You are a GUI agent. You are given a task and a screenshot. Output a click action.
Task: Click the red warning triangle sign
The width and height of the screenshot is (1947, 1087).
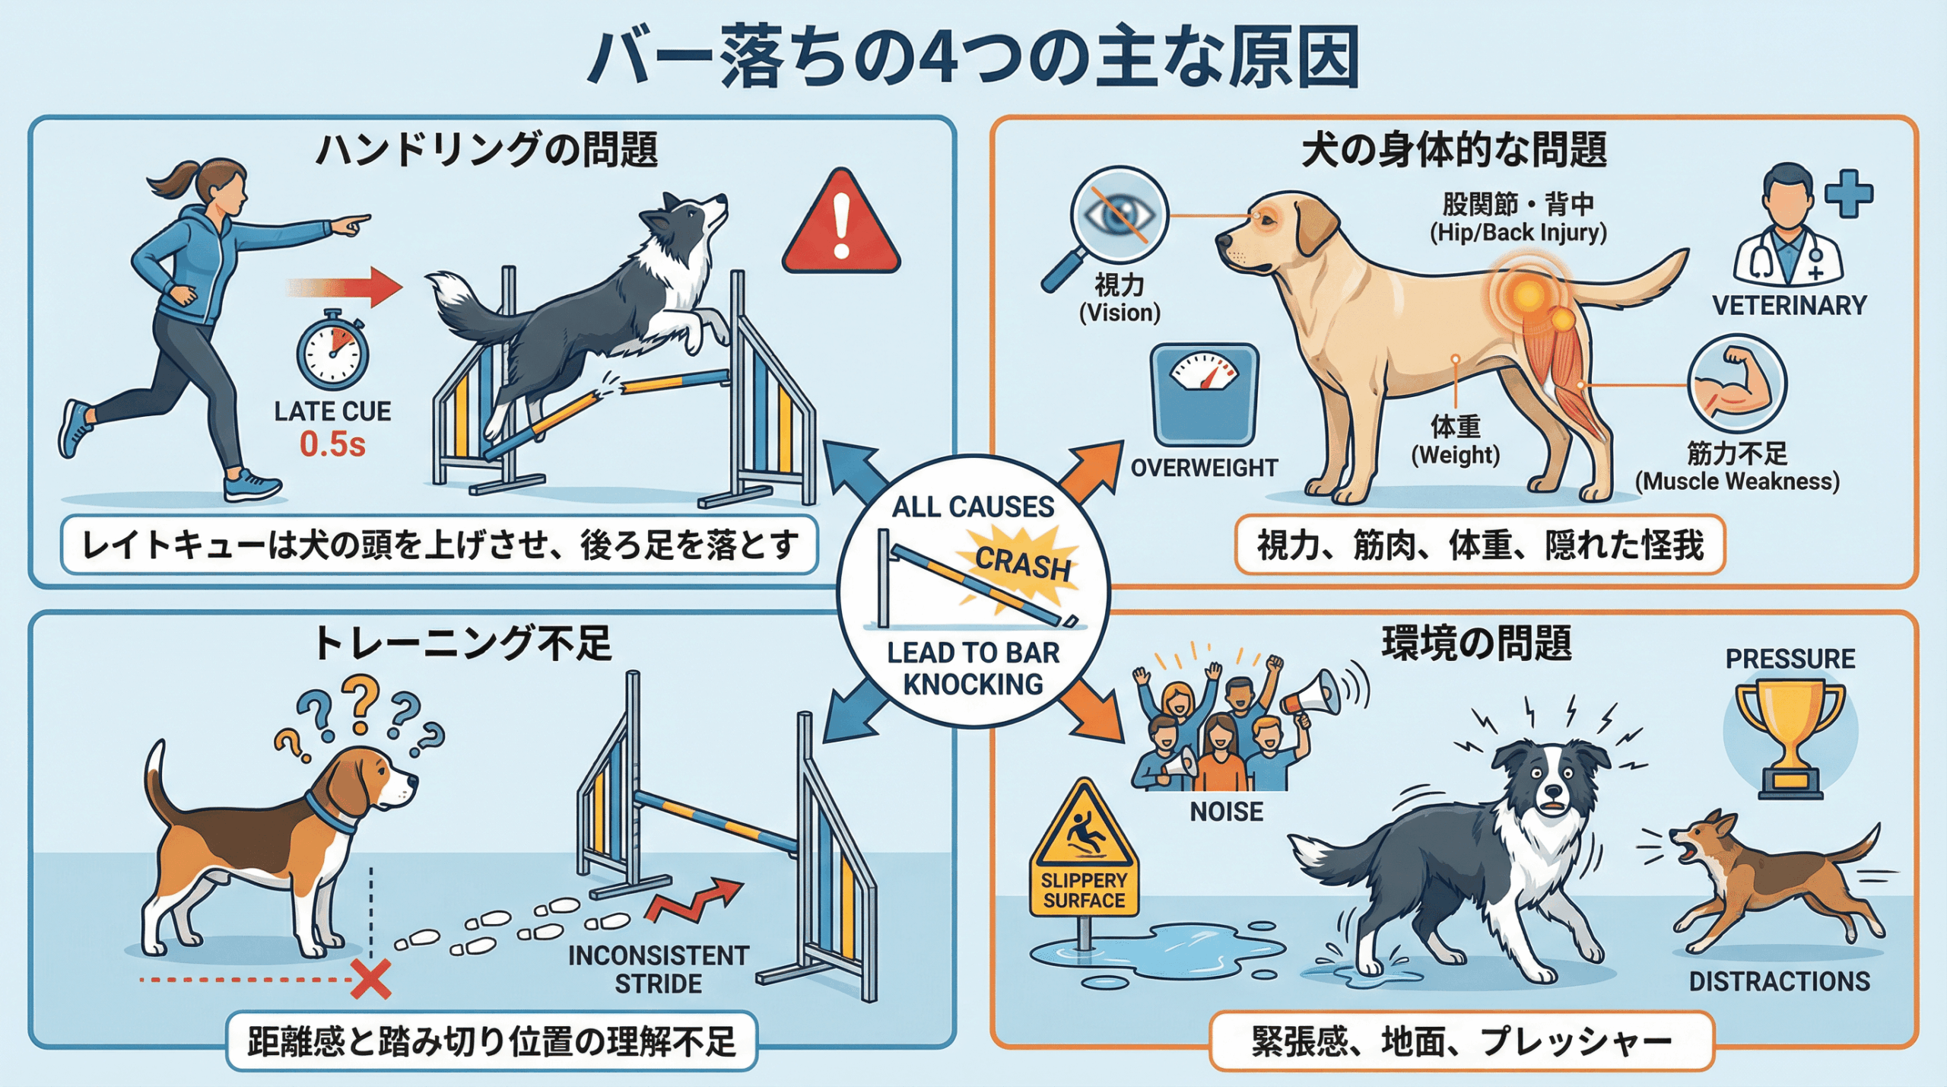tap(841, 223)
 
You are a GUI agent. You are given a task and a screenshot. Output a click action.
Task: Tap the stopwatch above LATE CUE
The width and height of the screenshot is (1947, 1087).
tap(332, 351)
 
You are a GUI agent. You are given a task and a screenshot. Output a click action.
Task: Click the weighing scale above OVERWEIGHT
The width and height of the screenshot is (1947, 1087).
tap(1205, 394)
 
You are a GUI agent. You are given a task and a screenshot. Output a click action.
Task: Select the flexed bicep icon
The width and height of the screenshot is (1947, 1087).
tap(1738, 385)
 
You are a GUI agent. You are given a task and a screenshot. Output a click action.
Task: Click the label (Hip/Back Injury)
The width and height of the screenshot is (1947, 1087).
tap(1518, 232)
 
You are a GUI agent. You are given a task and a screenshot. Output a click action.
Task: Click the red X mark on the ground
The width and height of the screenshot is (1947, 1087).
tap(371, 979)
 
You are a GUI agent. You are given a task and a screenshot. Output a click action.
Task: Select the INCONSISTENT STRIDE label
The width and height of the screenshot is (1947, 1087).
tap(659, 969)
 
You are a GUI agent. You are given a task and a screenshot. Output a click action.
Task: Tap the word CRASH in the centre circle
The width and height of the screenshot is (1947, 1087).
tap(1022, 564)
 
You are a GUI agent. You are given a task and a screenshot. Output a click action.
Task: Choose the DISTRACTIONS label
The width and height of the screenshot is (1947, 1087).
tap(1780, 981)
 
